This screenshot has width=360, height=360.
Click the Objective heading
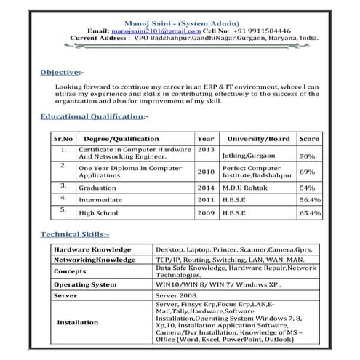[x=60, y=73]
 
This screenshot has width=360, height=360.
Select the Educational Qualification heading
[x=92, y=116]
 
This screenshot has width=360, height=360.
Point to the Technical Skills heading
[x=74, y=234]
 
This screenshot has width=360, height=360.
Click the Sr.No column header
[x=63, y=138]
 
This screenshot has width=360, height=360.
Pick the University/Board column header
[x=258, y=138]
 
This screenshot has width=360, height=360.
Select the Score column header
[x=309, y=138]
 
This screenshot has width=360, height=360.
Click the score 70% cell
[x=307, y=156]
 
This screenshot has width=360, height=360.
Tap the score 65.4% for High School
[x=310, y=213]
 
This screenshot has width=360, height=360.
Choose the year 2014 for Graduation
[x=206, y=187]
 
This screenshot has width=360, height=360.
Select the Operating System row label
[x=85, y=284]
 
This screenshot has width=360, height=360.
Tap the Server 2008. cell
[x=177, y=296]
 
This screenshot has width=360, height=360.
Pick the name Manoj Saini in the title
[x=155, y=23]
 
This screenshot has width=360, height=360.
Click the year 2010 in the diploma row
[x=206, y=172]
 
